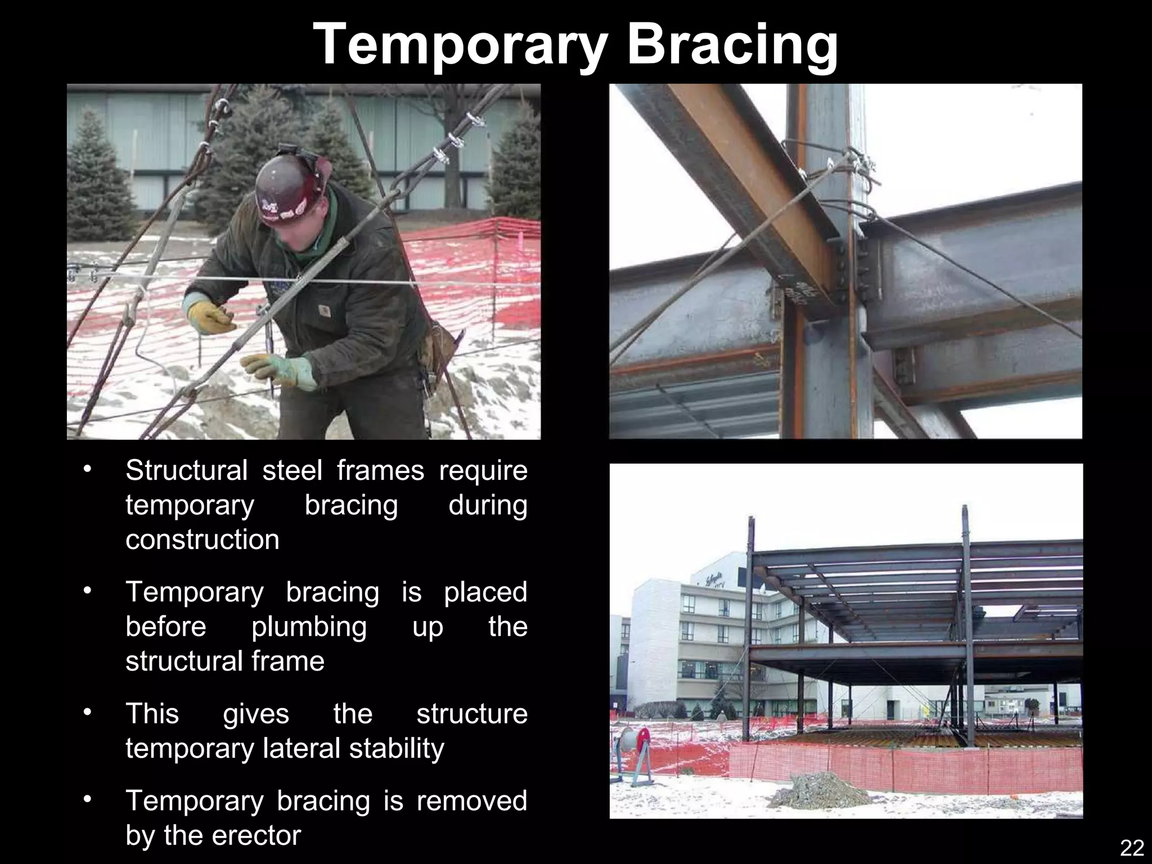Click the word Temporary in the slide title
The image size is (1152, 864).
[x=460, y=45]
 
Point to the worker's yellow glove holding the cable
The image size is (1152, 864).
[x=209, y=317]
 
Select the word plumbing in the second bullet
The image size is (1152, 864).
[x=309, y=626]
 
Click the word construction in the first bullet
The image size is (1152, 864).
[x=202, y=539]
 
